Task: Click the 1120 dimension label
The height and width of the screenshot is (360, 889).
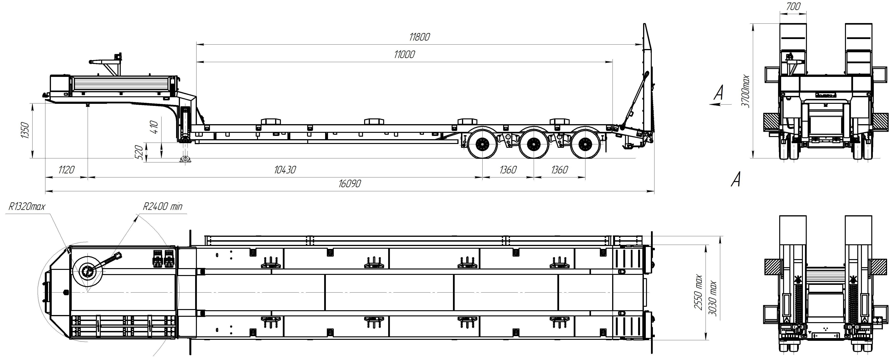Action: point(66,170)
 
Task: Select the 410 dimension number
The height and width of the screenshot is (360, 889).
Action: point(154,128)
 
